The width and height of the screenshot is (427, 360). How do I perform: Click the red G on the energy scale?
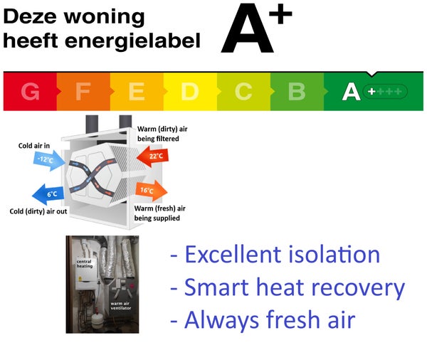[x=30, y=91]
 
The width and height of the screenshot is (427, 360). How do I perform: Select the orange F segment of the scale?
[x=83, y=91]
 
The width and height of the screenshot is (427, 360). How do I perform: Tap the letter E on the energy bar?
[x=137, y=91]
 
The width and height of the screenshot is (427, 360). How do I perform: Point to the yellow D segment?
[x=190, y=91]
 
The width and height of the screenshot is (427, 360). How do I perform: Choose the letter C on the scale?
[x=243, y=91]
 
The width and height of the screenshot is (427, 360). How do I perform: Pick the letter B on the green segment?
[x=297, y=91]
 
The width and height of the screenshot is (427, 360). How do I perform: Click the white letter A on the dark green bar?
[x=352, y=92]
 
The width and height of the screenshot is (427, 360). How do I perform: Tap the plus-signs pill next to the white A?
[x=385, y=91]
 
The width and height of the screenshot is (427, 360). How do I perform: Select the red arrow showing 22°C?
[x=152, y=157]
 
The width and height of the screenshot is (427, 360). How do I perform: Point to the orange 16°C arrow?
[x=151, y=191]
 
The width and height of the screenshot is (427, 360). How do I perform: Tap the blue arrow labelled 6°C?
[x=48, y=194]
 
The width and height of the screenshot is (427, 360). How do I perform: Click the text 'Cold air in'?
[x=34, y=146]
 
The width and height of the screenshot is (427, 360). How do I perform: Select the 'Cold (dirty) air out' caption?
[x=38, y=211]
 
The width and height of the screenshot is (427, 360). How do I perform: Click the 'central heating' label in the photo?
[x=85, y=264]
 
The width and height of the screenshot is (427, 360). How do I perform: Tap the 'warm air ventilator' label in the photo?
[x=121, y=305]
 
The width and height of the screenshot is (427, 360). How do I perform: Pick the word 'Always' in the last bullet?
[x=221, y=320]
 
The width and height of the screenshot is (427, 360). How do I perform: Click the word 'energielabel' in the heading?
[x=132, y=41]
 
